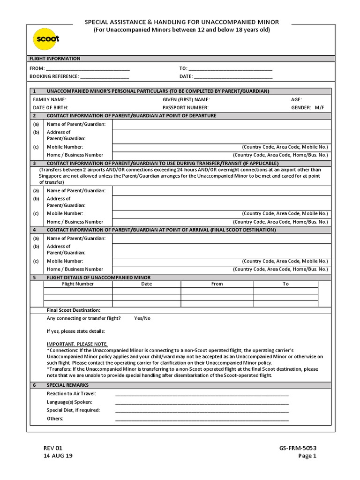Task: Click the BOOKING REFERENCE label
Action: (x=54, y=76)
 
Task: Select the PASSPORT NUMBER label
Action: (x=185, y=107)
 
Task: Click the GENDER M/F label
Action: (x=307, y=107)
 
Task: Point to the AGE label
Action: (x=296, y=99)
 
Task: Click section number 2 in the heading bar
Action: (x=34, y=115)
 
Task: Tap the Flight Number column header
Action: (x=78, y=284)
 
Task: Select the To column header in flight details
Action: (x=285, y=284)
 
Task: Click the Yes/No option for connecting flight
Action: (x=142, y=318)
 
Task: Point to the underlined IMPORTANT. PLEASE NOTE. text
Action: (x=77, y=344)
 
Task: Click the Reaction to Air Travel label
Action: (x=71, y=393)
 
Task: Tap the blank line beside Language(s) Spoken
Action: (x=202, y=402)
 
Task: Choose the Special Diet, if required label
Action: (x=73, y=410)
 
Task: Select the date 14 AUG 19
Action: (x=58, y=456)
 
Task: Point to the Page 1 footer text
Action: (x=307, y=456)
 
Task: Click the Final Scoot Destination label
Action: (x=74, y=310)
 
